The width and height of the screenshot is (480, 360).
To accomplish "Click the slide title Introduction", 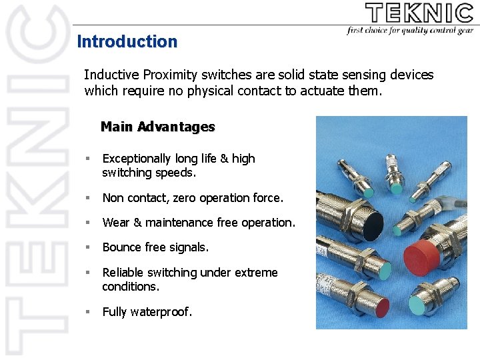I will [x=127, y=41].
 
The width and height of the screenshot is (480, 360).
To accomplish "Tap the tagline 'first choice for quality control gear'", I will [x=409, y=31].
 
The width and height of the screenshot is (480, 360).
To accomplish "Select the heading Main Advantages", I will [x=158, y=127].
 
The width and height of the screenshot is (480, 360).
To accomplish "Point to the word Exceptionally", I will [x=137, y=159].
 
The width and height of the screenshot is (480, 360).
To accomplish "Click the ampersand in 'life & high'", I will [x=224, y=159].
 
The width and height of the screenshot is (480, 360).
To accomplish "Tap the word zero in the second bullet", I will [x=184, y=198].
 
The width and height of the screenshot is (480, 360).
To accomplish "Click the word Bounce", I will [x=122, y=247].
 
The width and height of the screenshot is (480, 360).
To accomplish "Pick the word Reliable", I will [x=124, y=273].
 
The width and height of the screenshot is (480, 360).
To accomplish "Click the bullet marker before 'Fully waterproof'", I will [x=87, y=311].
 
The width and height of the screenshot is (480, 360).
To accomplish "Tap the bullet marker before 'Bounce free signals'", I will [x=87, y=247].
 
